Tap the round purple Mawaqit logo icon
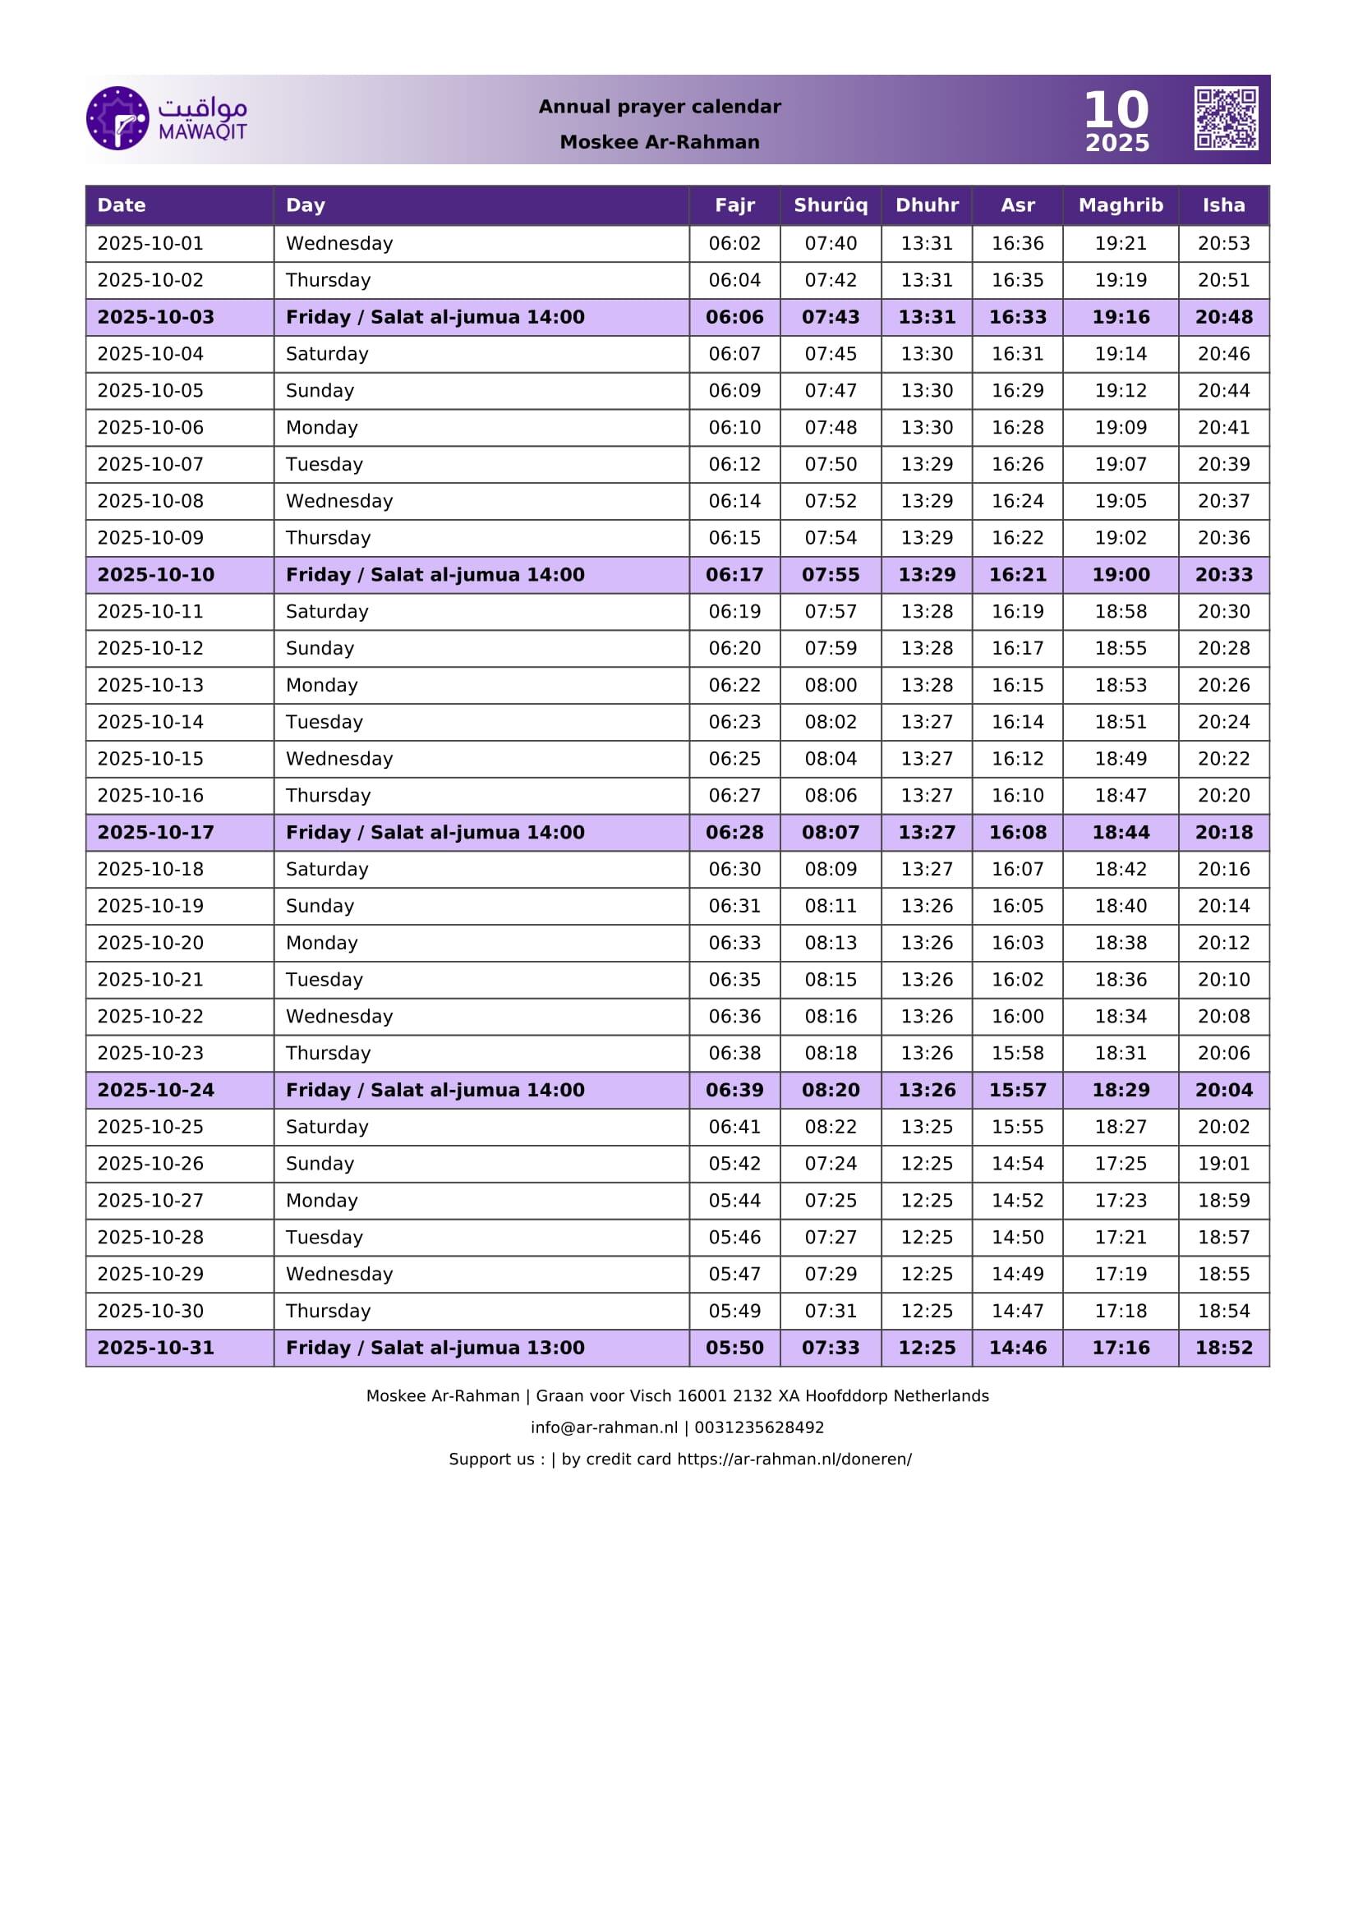[x=117, y=118]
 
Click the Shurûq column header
[x=830, y=205]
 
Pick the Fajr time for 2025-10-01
[x=734, y=243]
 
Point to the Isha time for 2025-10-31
[x=1223, y=1348]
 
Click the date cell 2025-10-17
[x=155, y=833]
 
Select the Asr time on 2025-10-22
[x=1016, y=1017]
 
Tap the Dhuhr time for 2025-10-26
[x=926, y=1164]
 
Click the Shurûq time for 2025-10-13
[x=830, y=685]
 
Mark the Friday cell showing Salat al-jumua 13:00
[x=435, y=1348]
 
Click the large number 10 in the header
[x=1116, y=109]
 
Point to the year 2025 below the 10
[x=1117, y=143]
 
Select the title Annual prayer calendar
[x=660, y=106]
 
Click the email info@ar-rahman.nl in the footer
[x=604, y=1427]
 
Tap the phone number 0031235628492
[x=759, y=1427]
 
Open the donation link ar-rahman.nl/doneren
[x=794, y=1459]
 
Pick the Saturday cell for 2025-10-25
[x=327, y=1127]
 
